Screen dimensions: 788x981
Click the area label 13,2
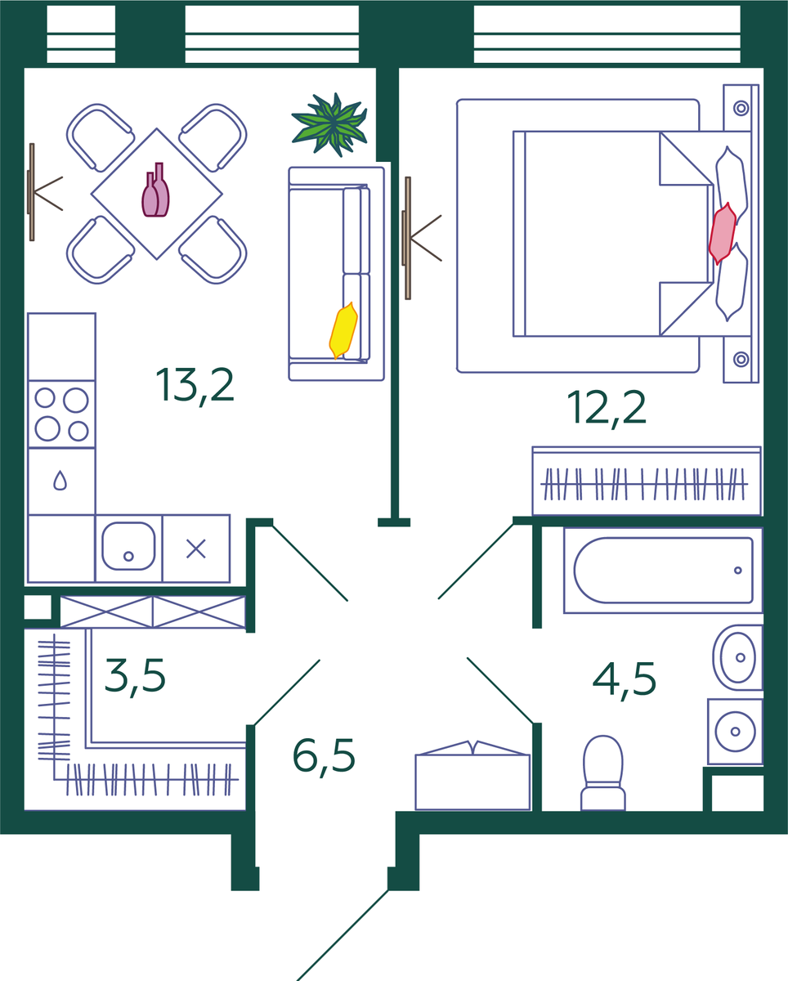point(195,386)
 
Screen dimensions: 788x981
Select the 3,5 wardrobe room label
point(135,677)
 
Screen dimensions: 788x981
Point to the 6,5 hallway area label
point(324,756)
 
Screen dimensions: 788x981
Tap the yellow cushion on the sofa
point(343,330)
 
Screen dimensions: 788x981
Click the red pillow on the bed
point(723,234)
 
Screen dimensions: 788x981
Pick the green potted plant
point(330,124)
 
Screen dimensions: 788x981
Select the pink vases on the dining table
point(155,190)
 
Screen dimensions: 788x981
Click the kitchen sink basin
point(128,546)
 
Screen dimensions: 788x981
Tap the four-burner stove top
point(61,414)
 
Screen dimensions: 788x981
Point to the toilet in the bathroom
point(603,773)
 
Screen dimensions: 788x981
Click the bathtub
point(663,571)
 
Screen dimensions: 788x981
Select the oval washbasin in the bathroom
point(737,657)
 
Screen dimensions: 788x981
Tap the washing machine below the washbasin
point(735,732)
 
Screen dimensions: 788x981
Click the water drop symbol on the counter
point(60,481)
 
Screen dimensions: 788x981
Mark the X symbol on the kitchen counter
point(196,549)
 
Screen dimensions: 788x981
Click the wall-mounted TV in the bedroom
point(407,238)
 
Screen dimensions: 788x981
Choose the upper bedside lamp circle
point(741,108)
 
